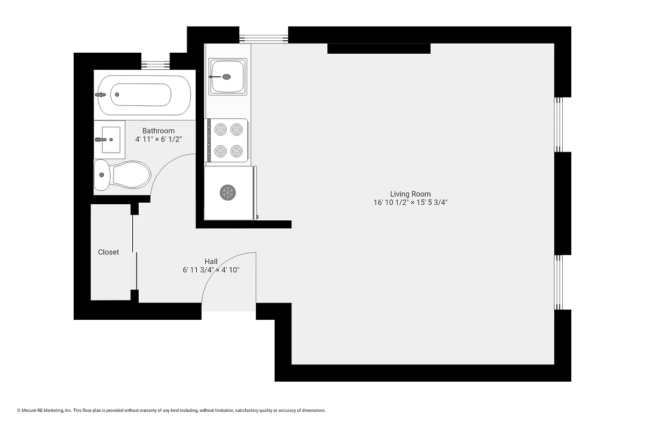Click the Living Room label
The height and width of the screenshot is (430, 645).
[x=410, y=194]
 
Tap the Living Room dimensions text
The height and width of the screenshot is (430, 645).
[x=411, y=203]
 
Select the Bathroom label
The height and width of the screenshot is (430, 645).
[x=158, y=131]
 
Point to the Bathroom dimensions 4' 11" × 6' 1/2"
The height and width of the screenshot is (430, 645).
[x=159, y=139]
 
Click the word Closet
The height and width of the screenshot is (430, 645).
[x=109, y=252]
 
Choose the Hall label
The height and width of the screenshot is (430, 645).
[x=211, y=261]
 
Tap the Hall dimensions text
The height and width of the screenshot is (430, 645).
[x=211, y=270]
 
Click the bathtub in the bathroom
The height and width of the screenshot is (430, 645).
[x=142, y=95]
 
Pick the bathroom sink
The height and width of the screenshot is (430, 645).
[x=110, y=140]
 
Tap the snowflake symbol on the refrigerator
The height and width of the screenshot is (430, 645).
[x=228, y=192]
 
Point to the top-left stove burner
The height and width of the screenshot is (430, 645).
[x=220, y=129]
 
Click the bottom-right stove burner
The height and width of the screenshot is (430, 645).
[x=237, y=151]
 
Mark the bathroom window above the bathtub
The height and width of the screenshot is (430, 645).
[x=156, y=64]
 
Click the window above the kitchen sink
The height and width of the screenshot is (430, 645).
[x=264, y=38]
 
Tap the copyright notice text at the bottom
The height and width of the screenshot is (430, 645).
[x=171, y=411]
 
